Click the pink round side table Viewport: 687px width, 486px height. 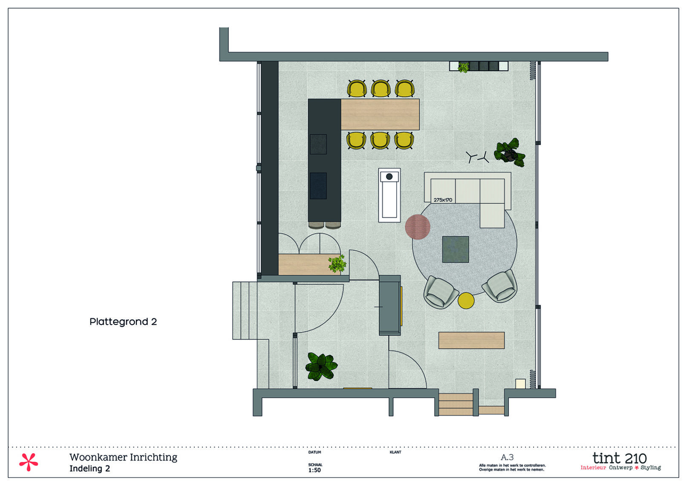[417, 227]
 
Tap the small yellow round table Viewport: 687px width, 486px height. [466, 301]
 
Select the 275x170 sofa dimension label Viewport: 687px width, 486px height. [443, 200]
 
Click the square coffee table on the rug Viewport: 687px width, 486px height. [455, 249]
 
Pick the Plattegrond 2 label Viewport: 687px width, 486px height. [123, 322]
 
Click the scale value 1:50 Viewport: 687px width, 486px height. [315, 470]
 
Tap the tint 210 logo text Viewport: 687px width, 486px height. [619, 458]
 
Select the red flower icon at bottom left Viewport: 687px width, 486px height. [29, 462]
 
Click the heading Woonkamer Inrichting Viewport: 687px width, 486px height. [123, 457]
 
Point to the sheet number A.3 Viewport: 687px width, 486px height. [507, 457]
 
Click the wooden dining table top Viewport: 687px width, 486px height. [380, 114]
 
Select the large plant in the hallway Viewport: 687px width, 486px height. [321, 367]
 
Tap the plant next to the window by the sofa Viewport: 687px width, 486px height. [510, 152]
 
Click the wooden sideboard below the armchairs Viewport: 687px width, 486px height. [471, 341]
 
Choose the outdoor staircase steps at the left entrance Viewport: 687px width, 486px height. [244, 310]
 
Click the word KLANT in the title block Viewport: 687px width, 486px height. [395, 452]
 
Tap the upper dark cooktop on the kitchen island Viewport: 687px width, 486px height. [318, 144]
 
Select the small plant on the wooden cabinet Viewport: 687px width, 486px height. [337, 264]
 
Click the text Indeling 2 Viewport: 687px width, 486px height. [89, 469]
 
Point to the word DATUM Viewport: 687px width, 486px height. [315, 452]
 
